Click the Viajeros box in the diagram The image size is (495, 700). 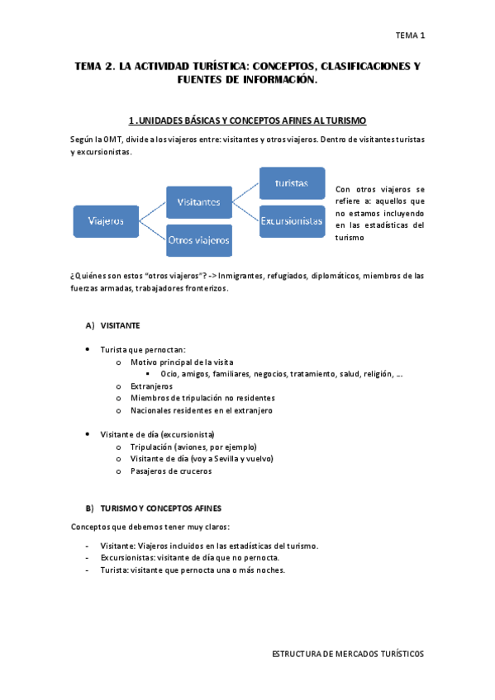tap(106, 220)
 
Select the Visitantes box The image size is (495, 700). tap(198, 201)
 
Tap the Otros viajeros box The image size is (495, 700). tap(198, 240)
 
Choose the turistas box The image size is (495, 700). tap(292, 182)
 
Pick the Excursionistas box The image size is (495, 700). tap(292, 221)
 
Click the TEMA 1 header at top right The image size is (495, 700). tap(410, 35)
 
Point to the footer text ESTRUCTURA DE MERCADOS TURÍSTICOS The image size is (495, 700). tap(348, 653)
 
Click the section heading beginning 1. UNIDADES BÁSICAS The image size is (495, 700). tap(247, 121)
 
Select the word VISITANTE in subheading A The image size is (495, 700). tap(120, 325)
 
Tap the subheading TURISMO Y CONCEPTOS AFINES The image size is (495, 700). tap(160, 508)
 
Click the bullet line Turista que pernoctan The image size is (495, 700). tap(143, 349)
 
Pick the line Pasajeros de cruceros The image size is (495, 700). tap(171, 471)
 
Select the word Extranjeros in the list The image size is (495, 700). tap(151, 385)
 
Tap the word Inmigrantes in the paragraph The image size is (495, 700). tap(241, 276)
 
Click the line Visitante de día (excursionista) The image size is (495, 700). tap(157, 434)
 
